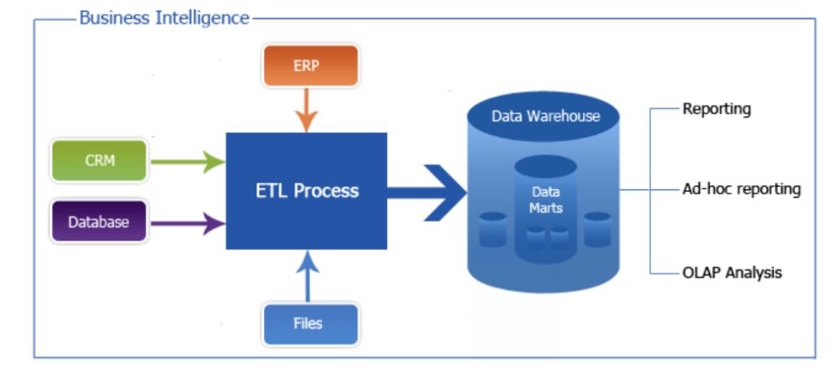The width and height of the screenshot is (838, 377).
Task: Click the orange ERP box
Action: tap(306, 65)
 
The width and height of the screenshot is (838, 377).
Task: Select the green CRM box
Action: tap(100, 161)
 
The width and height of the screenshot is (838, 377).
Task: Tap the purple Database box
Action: tap(99, 222)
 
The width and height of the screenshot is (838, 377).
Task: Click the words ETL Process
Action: tap(307, 190)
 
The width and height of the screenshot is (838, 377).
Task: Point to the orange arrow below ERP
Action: tap(307, 111)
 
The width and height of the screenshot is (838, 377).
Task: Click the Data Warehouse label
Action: tap(546, 116)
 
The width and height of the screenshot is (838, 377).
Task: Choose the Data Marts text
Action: tap(546, 199)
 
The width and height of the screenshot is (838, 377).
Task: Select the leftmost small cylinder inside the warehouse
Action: tap(493, 230)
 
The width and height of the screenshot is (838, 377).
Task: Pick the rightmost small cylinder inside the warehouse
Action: tap(597, 230)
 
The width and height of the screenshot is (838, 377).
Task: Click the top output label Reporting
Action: tap(716, 109)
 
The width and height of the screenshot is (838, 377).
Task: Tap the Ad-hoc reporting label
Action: tap(741, 189)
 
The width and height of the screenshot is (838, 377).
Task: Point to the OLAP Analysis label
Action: tap(732, 272)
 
